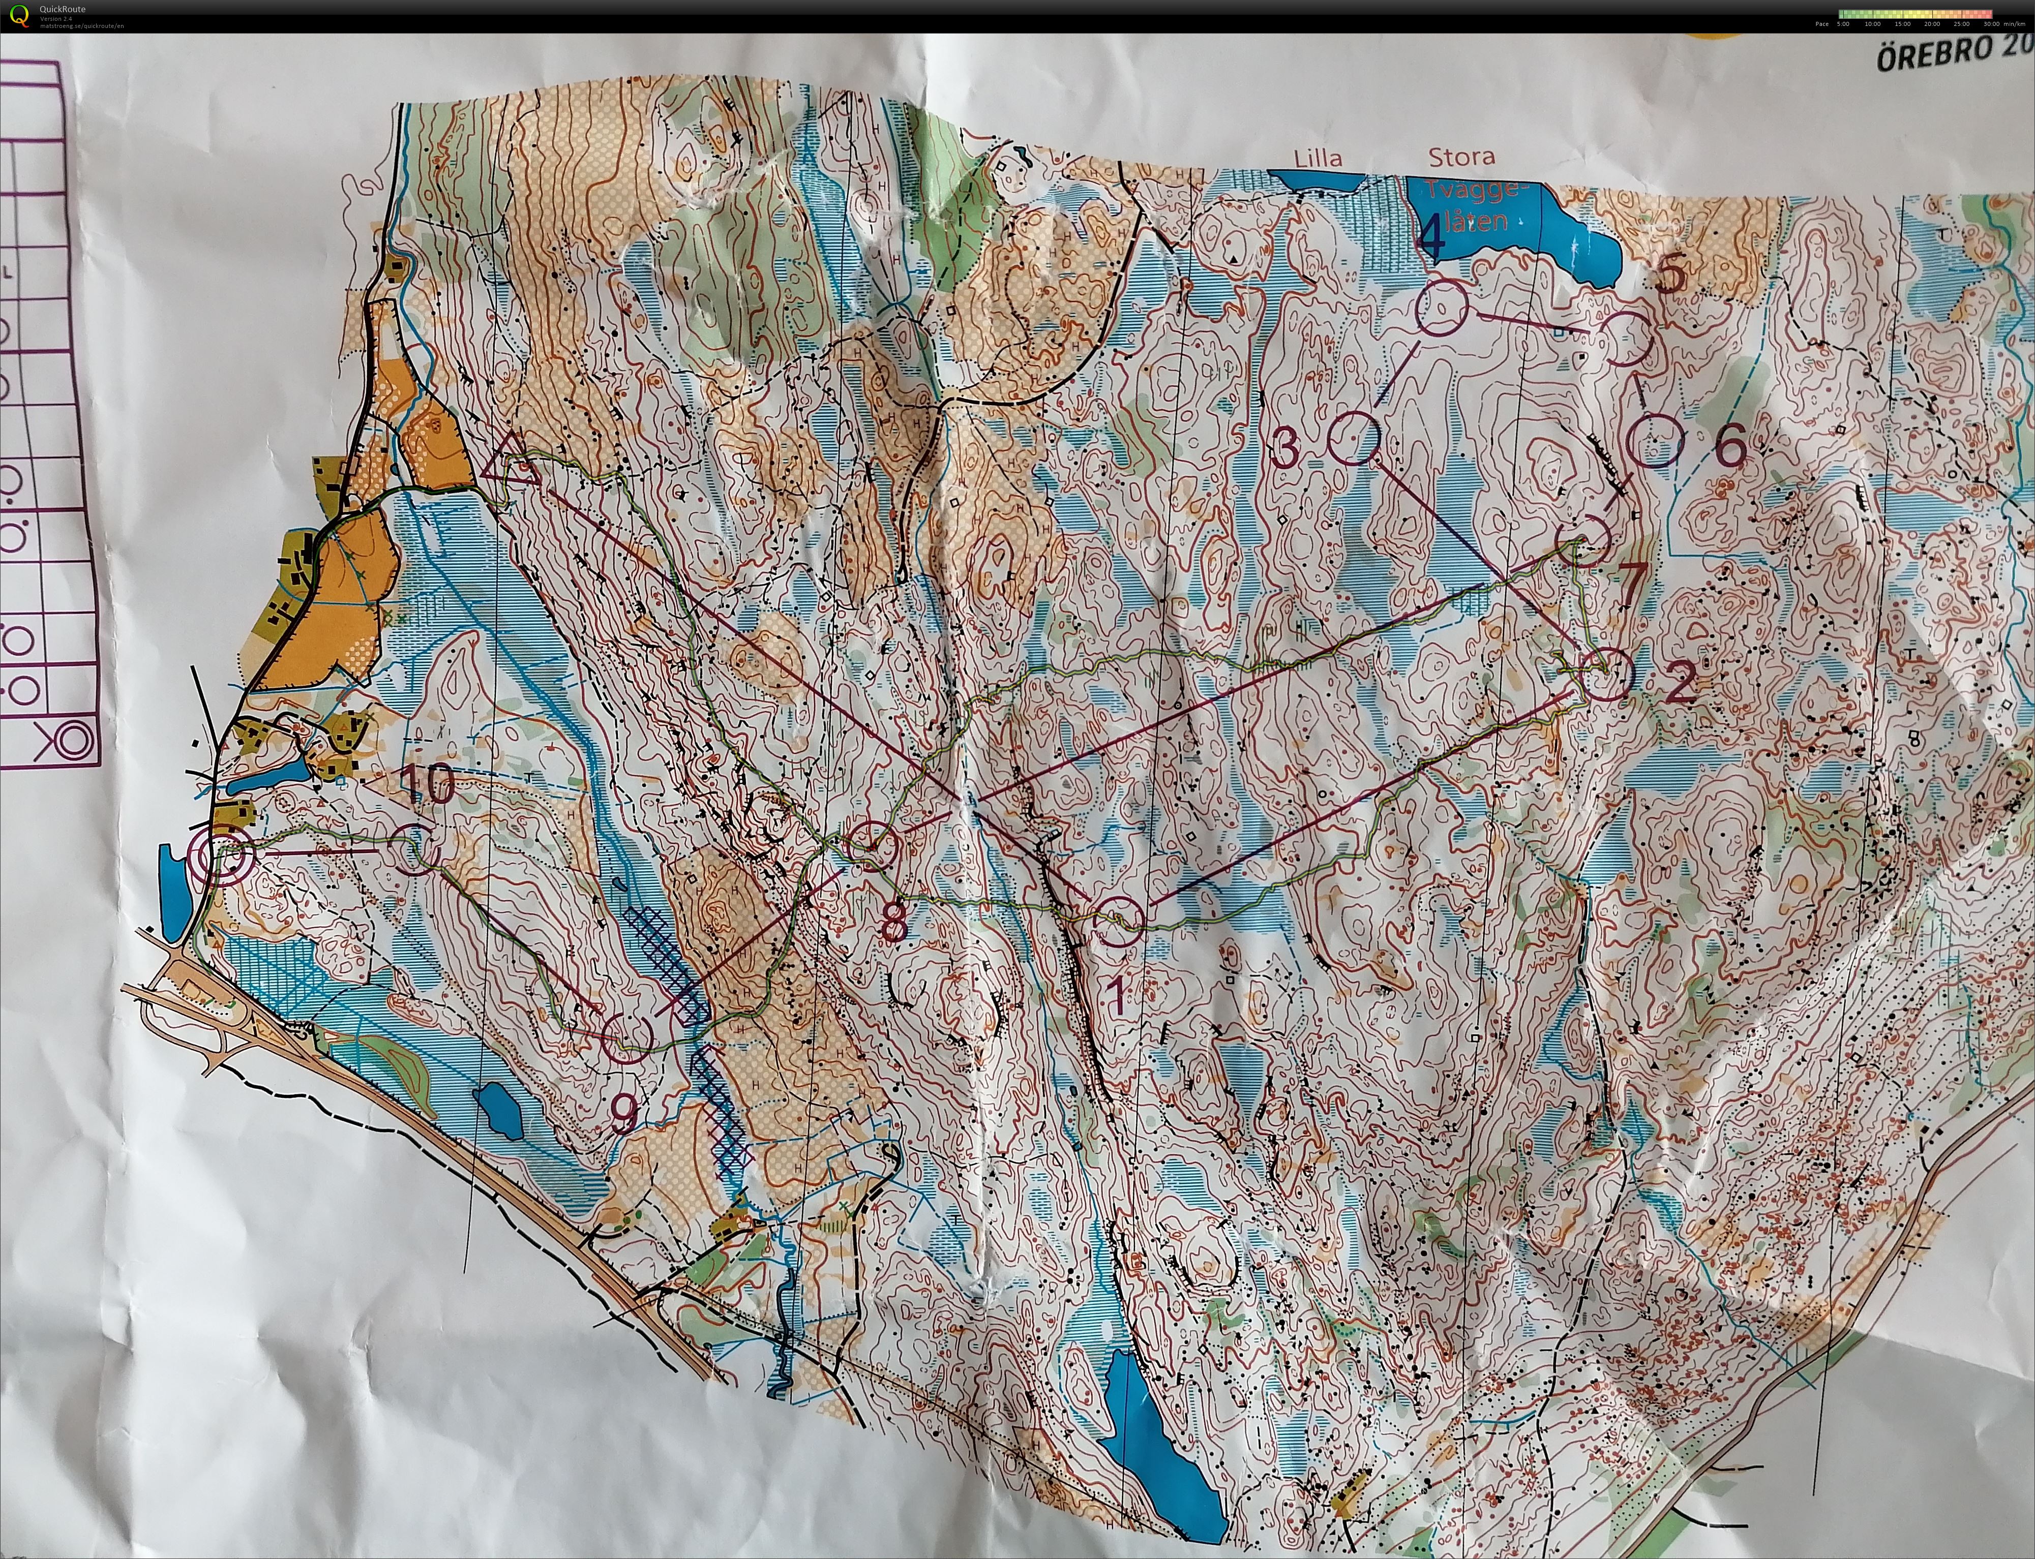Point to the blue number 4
point(1432,235)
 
